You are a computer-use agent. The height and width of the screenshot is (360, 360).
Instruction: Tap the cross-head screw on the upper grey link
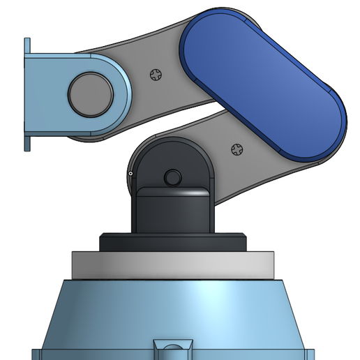[x=156, y=74]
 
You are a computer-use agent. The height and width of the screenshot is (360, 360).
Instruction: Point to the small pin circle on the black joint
[x=170, y=174]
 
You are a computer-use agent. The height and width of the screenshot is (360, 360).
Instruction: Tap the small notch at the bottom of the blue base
[x=172, y=347]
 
